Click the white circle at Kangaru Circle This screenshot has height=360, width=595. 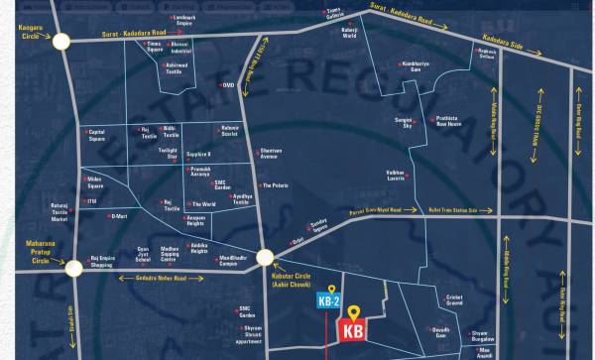click(x=63, y=42)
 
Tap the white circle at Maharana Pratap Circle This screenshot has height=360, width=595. click(x=72, y=266)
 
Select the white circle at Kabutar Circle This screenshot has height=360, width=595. click(x=265, y=258)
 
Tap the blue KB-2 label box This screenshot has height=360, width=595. click(x=329, y=299)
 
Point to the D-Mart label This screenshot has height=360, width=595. click(x=119, y=216)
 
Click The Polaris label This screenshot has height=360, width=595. click(x=274, y=185)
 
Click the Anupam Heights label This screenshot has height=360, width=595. click(x=201, y=221)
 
